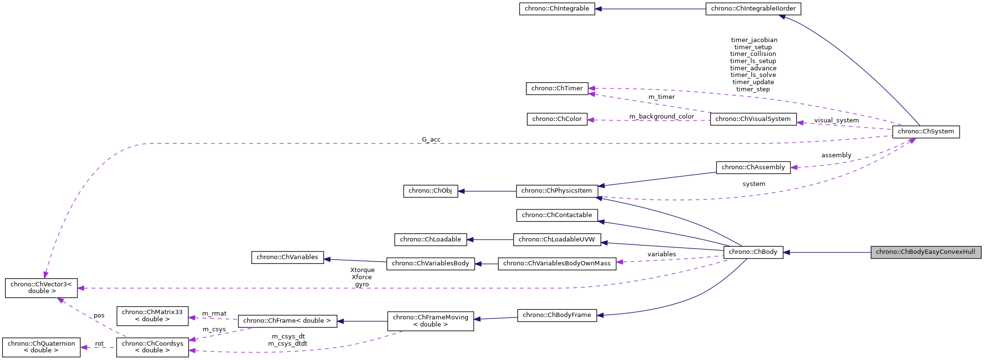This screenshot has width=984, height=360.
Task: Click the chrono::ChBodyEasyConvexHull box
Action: click(925, 252)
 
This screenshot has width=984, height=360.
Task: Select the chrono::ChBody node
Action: click(753, 252)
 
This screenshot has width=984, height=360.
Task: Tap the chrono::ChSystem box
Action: click(925, 131)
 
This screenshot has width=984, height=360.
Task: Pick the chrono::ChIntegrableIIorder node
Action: click(753, 9)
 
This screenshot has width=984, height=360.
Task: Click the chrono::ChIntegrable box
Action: click(557, 9)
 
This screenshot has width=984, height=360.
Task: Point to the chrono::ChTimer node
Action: click(557, 88)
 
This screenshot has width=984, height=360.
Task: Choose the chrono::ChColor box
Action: click(557, 119)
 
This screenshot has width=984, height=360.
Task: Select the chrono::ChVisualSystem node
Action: click(753, 119)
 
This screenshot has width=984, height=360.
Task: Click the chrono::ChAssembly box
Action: click(753, 167)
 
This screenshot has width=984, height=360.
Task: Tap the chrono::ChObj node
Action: click(430, 191)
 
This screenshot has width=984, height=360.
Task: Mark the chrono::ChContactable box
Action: click(557, 215)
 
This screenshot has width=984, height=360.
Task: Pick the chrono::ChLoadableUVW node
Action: click(557, 240)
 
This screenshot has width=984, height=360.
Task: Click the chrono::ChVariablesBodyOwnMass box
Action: click(557, 263)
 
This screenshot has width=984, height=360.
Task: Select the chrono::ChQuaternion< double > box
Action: click(41, 347)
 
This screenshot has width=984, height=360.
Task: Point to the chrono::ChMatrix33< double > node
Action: click(152, 316)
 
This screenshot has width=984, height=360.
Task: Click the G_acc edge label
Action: click(431, 140)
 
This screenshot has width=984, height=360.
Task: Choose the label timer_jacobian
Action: click(754, 40)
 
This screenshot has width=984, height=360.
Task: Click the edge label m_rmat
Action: click(214, 314)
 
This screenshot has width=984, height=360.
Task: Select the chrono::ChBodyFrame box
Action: click(557, 315)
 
